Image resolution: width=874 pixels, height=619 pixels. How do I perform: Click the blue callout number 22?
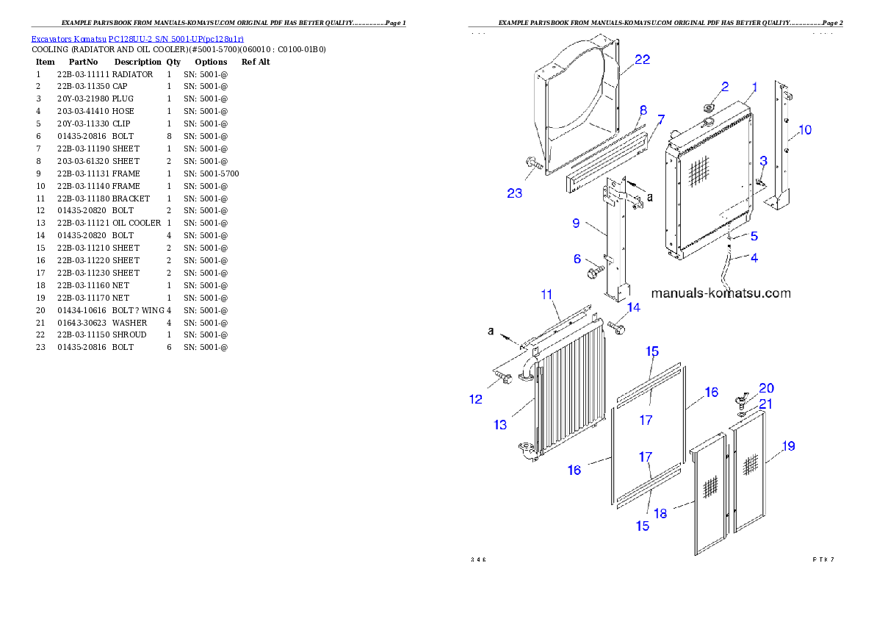642,60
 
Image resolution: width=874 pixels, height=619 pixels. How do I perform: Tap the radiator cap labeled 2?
709,108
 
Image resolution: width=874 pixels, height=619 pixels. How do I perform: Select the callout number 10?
805,130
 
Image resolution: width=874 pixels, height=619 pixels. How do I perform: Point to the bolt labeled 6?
593,273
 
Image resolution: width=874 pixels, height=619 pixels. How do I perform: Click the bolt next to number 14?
615,327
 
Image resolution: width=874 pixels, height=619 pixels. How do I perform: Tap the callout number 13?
500,424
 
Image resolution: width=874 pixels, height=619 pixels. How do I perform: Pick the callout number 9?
577,223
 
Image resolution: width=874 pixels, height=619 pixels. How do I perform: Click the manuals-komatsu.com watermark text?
721,293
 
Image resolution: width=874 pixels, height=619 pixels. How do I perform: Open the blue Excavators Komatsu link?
137,37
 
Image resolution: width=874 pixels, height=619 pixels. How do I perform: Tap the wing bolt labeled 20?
740,400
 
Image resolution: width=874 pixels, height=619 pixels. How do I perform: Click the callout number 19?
788,446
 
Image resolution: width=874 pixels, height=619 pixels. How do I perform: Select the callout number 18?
660,513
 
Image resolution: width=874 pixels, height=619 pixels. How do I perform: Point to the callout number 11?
546,294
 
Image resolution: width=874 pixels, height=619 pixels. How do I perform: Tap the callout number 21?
765,404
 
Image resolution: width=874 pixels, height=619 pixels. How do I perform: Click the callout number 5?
754,236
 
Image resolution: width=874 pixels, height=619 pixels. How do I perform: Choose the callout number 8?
643,110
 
